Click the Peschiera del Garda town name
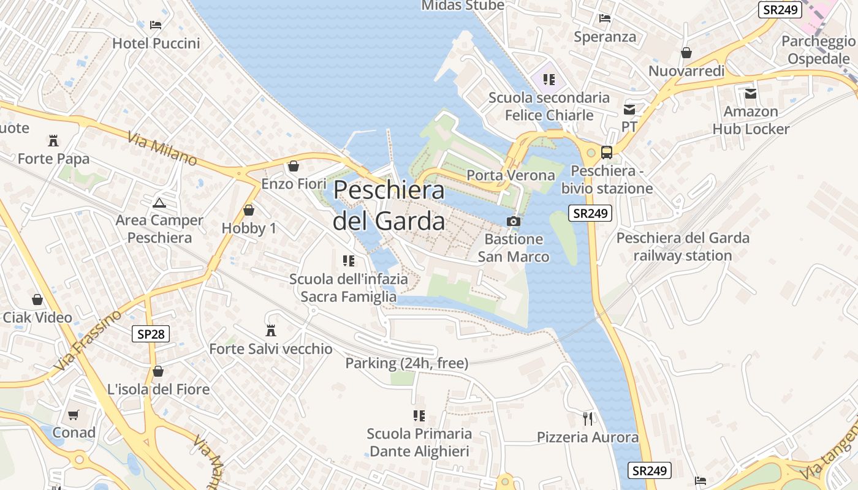tap(389, 205)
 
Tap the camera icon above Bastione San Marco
tap(514, 221)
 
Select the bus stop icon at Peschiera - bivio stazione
tap(607, 153)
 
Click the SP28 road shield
tap(151, 334)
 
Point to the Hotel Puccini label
tap(156, 43)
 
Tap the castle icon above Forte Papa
tap(54, 141)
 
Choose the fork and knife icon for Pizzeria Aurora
tap(588, 419)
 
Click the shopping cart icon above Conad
tap(74, 415)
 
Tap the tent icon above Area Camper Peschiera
tap(159, 203)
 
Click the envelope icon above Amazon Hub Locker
tap(751, 94)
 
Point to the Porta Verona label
tap(511, 175)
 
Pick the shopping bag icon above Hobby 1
tap(249, 210)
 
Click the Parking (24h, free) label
tap(407, 363)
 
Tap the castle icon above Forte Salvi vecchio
tap(270, 331)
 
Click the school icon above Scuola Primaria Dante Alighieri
tap(419, 416)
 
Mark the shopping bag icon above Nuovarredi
tap(686, 53)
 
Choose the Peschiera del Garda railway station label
tap(683, 246)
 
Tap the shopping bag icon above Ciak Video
tap(37, 300)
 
